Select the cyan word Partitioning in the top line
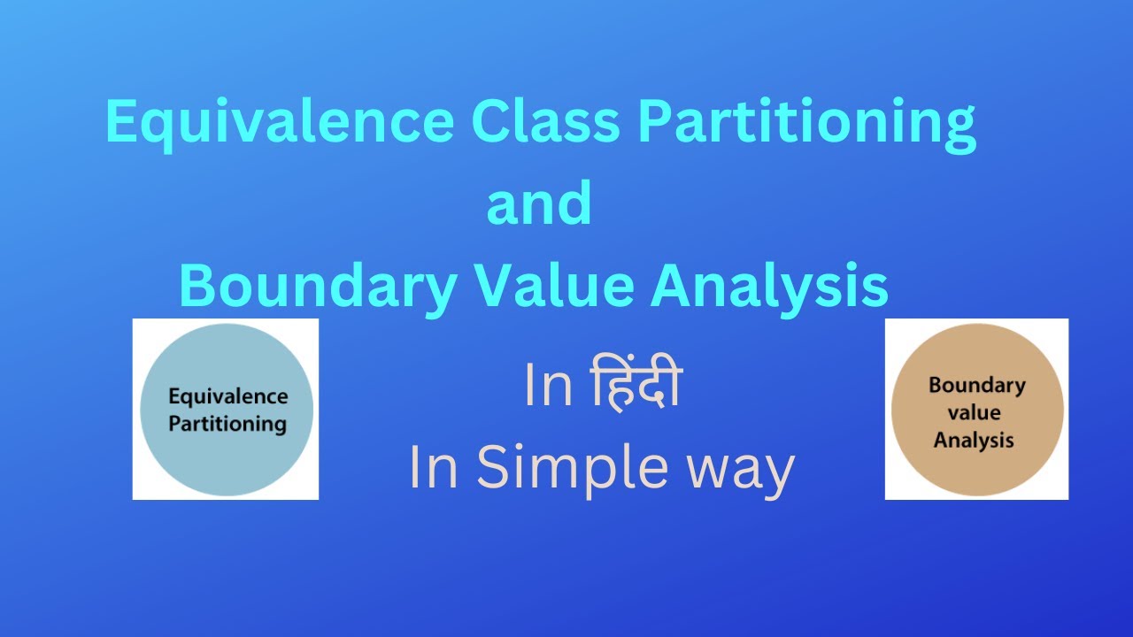pos(805,124)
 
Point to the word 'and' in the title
pos(539,203)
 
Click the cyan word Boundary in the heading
pos(319,287)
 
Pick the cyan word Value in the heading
pos(559,285)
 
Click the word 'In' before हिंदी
pos(549,387)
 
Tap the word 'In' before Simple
pos(434,468)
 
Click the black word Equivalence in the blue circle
pos(227,396)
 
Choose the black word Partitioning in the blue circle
pos(227,423)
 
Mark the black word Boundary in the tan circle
pos(976,386)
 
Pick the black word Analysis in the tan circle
pos(974,439)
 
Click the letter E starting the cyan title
pos(121,122)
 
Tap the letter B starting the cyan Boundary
pos(197,285)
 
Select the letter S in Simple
pos(494,468)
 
